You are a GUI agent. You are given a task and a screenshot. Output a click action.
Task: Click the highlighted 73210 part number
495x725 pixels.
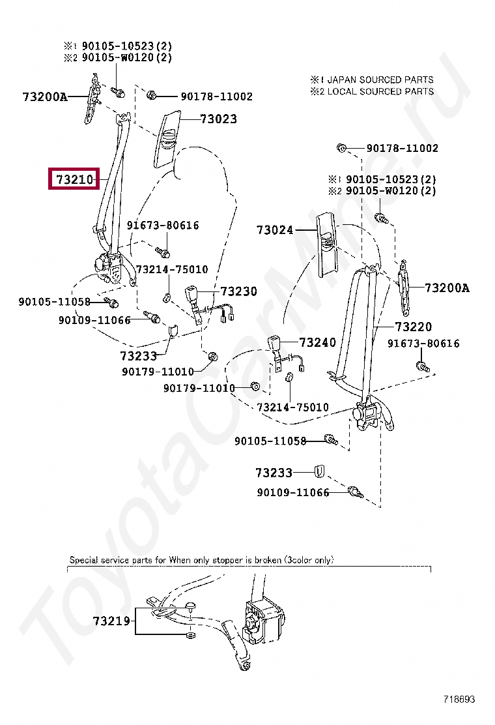(74, 179)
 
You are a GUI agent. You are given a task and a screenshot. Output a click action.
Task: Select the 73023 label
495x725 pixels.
(218, 119)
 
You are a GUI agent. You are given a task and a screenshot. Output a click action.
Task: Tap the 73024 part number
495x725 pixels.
(275, 230)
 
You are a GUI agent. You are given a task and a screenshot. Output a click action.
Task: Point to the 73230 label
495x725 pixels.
(238, 291)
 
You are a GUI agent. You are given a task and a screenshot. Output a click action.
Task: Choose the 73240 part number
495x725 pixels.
(317, 342)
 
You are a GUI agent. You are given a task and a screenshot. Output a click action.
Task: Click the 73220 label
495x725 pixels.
(413, 327)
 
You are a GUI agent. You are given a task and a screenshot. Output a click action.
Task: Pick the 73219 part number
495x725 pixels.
(111, 621)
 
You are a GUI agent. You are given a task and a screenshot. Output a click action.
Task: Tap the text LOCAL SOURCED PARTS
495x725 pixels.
(380, 91)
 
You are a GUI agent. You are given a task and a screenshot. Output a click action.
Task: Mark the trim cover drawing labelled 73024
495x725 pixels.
(328, 244)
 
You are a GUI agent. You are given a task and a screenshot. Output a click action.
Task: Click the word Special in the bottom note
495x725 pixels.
(83, 559)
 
